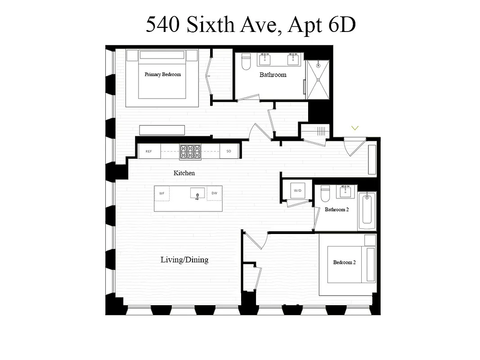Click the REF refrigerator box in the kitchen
[x=148, y=152]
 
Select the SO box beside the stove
[x=229, y=152]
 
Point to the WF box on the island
[x=161, y=193]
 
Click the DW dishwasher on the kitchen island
[x=214, y=193]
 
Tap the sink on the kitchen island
[x=197, y=194]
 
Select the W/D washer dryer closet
[x=297, y=191]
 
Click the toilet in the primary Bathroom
[x=246, y=62]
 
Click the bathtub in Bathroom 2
[x=367, y=211]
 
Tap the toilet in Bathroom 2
[x=326, y=195]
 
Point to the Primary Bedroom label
[x=162, y=74]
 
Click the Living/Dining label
[x=184, y=260]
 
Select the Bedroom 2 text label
[x=344, y=262]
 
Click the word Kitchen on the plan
[x=184, y=173]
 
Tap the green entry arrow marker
[x=354, y=128]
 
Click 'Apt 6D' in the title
[x=321, y=25]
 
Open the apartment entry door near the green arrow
[x=354, y=146]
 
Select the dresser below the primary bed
[x=162, y=130]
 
